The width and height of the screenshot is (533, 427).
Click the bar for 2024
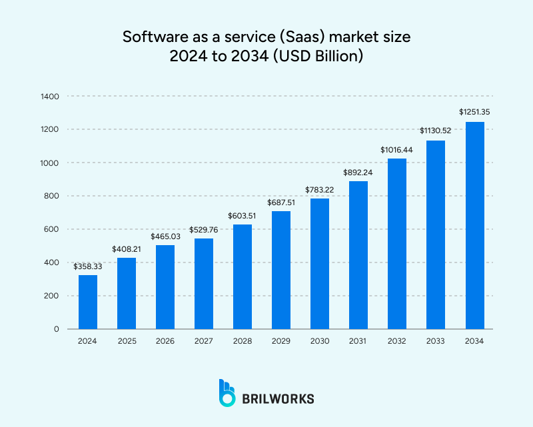[x=87, y=302]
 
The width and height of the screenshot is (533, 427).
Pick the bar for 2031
[x=358, y=254]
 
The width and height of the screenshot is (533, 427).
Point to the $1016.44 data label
[x=396, y=149]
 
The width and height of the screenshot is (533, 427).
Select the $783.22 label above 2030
[x=320, y=189]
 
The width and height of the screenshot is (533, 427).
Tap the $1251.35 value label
[x=474, y=112]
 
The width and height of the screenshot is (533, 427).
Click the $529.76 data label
[x=203, y=229]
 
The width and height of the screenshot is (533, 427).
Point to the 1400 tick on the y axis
[x=50, y=97]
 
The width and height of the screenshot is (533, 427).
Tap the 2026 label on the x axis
[x=165, y=341]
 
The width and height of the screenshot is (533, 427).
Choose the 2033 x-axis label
[x=435, y=341]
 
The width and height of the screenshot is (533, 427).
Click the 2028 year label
[x=242, y=341]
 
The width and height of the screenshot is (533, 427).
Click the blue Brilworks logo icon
[x=227, y=393]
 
